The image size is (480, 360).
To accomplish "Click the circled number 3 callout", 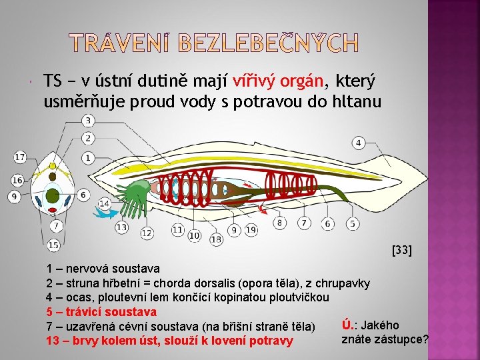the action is [88, 121].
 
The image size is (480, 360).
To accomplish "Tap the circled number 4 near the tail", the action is [359, 143].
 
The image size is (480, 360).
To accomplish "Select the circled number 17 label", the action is [20, 157].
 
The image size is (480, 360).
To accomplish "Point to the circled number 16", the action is [17, 181].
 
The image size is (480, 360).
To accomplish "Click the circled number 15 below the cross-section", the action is [54, 246].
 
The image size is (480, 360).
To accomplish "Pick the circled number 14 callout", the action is [104, 203].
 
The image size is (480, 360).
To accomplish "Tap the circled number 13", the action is [121, 227].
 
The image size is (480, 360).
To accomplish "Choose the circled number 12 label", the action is [147, 233].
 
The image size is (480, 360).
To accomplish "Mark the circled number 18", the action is [216, 239].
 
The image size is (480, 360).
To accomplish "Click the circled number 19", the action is [251, 230].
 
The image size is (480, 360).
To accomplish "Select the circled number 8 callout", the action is [280, 223].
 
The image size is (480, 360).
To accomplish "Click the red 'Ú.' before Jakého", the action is [347, 325].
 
